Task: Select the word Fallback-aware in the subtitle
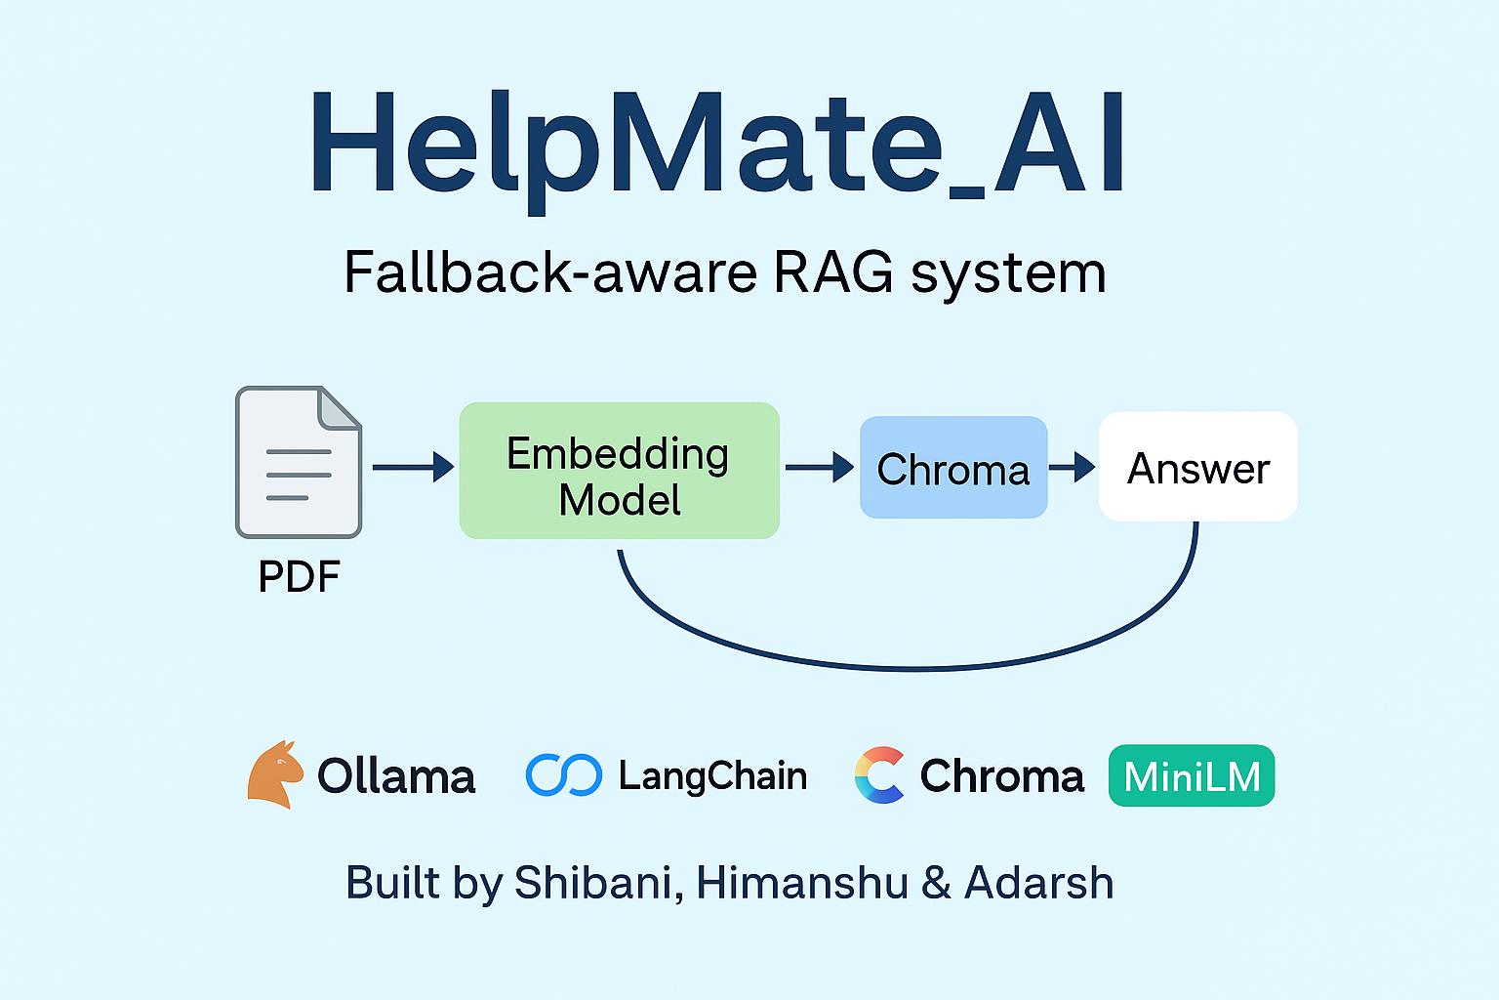tap(550, 272)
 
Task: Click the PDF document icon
tap(299, 462)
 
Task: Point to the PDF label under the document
tap(299, 576)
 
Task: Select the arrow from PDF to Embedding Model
tap(412, 467)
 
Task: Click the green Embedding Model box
tap(619, 471)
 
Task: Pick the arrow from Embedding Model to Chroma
tap(819, 467)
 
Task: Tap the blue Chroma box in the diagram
tap(952, 468)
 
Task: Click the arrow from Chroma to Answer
tap(1073, 467)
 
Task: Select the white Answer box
tap(1197, 467)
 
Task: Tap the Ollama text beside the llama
tap(396, 776)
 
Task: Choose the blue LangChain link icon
tap(563, 775)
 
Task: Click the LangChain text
tap(712, 776)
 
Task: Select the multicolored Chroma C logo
tap(879, 775)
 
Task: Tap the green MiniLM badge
tap(1191, 776)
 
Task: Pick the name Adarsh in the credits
tap(1038, 883)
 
